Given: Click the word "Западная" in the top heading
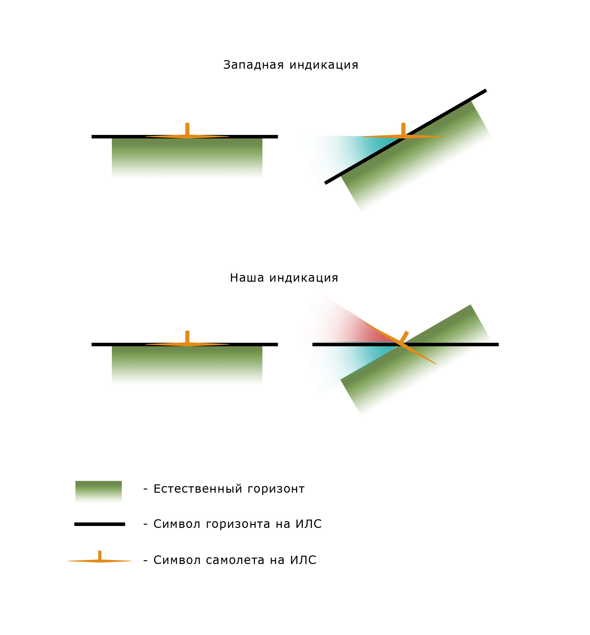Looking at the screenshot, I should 253,65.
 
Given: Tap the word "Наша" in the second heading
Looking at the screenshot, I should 247,278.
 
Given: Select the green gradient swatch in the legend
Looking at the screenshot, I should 98,491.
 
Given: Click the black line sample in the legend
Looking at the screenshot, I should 100,524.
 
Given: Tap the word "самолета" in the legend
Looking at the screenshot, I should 235,560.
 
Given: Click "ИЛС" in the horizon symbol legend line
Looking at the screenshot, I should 308,524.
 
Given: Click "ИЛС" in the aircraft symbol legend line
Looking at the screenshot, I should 303,560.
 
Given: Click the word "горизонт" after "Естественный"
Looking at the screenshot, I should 276,489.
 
